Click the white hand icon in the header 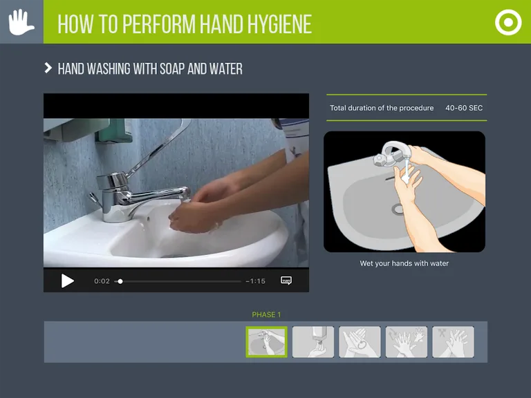point(21,22)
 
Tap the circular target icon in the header point(508,23)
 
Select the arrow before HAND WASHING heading point(48,68)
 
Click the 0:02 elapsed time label point(102,281)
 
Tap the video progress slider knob point(120,281)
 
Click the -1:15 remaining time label point(255,281)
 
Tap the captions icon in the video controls point(286,281)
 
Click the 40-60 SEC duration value point(464,108)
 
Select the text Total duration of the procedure point(382,108)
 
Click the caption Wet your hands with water point(404,263)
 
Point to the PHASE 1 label point(266,315)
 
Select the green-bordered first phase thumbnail point(266,341)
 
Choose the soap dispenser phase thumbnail point(313,341)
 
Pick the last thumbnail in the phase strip point(453,341)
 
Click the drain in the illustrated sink point(399,209)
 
